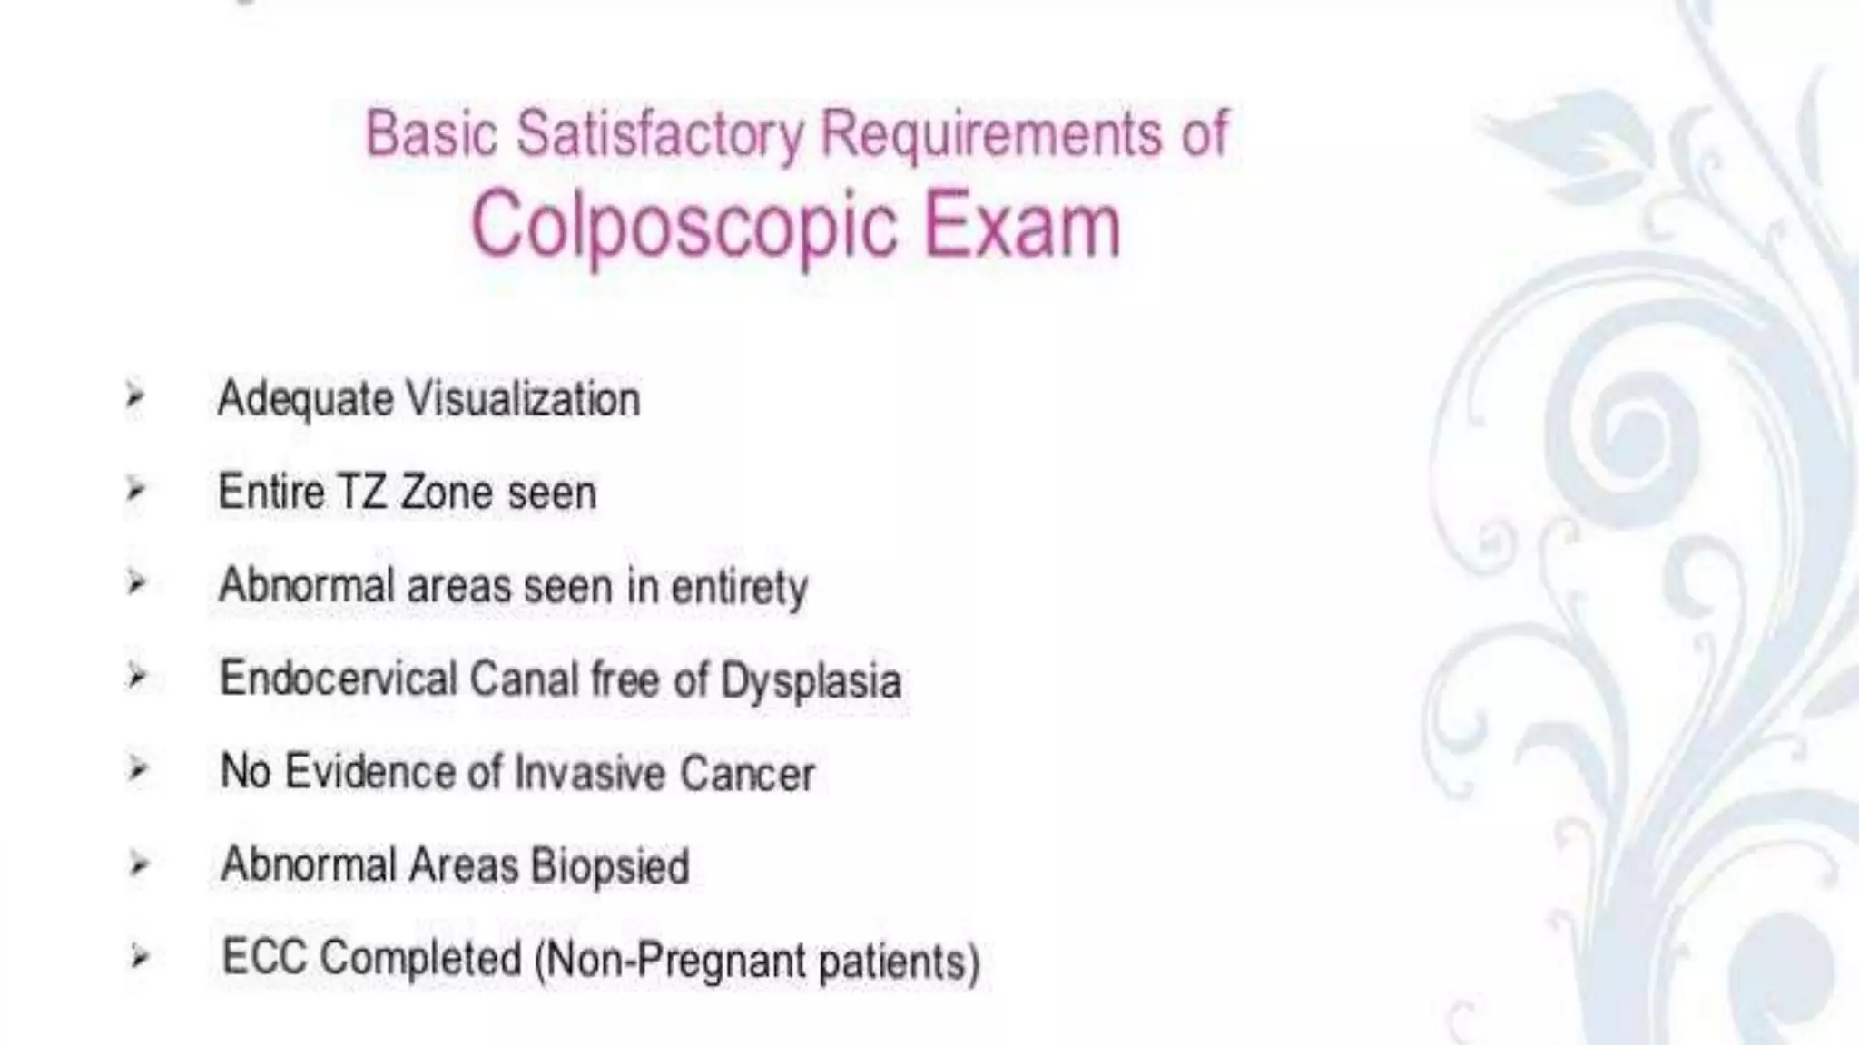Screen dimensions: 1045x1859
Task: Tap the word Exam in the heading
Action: click(x=1022, y=224)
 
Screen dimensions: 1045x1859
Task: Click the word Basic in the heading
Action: click(x=431, y=134)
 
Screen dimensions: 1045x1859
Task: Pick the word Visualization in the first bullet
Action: click(x=523, y=399)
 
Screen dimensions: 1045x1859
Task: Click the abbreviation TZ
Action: click(x=361, y=493)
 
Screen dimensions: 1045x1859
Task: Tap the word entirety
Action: click(x=739, y=587)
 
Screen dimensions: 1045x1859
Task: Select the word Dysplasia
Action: click(x=811, y=680)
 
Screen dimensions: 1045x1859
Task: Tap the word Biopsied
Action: click(x=610, y=865)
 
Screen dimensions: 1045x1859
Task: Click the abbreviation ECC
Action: click(x=263, y=958)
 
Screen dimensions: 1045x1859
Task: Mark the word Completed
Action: click(x=421, y=960)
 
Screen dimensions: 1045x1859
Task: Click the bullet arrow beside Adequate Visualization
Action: click(x=135, y=396)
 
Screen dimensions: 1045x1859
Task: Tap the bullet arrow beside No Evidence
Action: click(x=137, y=770)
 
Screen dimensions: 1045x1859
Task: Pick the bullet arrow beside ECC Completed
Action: click(x=138, y=956)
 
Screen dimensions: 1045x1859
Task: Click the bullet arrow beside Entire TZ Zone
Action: click(x=136, y=490)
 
